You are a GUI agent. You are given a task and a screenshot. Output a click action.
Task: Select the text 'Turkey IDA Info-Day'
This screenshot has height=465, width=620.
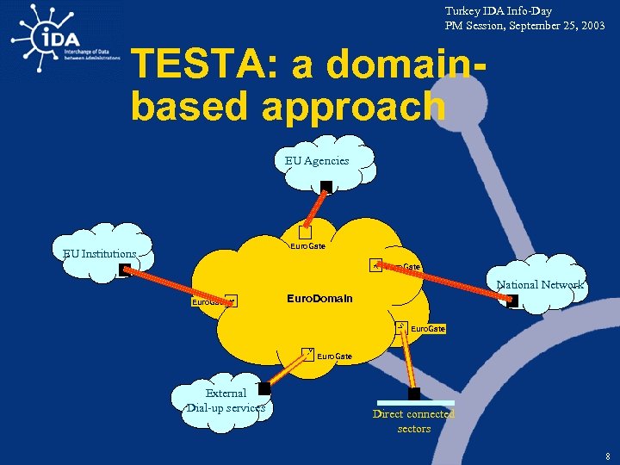pyautogui.click(x=498, y=11)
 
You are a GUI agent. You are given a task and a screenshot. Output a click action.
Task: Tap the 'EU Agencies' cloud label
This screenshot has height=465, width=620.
pyautogui.click(x=317, y=160)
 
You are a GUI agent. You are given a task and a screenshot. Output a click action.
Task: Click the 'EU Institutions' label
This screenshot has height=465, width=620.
pyautogui.click(x=99, y=254)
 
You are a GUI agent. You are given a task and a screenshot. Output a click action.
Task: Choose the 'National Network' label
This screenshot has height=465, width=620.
pyautogui.click(x=539, y=285)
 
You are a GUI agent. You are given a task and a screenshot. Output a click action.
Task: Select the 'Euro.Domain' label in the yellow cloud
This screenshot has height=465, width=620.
pyautogui.click(x=319, y=299)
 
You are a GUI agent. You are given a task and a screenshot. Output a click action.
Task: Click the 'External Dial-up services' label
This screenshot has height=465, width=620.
pyautogui.click(x=226, y=400)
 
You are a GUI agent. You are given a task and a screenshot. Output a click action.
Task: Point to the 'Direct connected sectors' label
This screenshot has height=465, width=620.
pyautogui.click(x=413, y=421)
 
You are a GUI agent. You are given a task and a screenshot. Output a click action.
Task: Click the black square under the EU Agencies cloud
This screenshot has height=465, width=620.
pyautogui.click(x=326, y=187)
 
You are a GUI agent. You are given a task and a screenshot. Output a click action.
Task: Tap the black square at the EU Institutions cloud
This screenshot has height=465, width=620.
pyautogui.click(x=125, y=270)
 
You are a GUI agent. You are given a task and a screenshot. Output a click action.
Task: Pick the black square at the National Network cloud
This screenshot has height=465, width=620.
pyautogui.click(x=512, y=301)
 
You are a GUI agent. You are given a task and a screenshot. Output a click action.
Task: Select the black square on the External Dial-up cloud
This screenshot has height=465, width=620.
pyautogui.click(x=264, y=389)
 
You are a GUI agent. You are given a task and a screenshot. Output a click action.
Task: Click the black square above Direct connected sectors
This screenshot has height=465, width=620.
pyautogui.click(x=414, y=394)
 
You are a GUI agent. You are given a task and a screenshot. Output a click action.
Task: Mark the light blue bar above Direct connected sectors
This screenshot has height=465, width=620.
pyautogui.click(x=415, y=402)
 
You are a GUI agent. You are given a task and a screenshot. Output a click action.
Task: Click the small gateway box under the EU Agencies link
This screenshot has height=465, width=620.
pyautogui.click(x=305, y=232)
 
